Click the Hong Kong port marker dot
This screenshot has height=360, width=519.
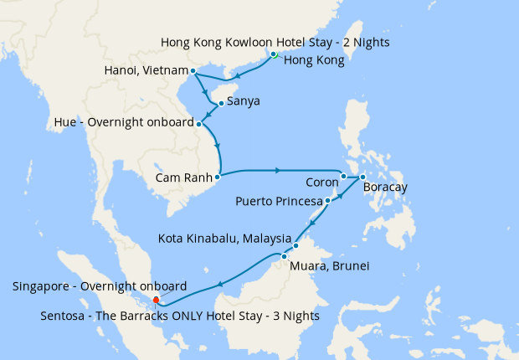point(274,54)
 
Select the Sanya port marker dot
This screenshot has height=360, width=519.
point(220,104)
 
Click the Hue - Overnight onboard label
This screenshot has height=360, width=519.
point(123,123)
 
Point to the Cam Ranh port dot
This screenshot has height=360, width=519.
point(217,177)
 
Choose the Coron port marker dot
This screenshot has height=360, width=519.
point(343,177)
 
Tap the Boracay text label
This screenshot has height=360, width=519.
point(385,188)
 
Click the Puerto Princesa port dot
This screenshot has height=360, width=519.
point(327,201)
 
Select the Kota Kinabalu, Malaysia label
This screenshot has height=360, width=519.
point(224,239)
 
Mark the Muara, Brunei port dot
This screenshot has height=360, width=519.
point(285,256)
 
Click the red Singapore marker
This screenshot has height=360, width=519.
point(156,299)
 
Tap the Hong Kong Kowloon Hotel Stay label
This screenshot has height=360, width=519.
point(275,42)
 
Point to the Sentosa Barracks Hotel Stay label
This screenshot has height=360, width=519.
point(179,316)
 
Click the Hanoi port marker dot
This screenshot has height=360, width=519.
point(193,70)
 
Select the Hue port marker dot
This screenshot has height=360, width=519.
point(199,123)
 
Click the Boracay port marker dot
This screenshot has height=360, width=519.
point(362,177)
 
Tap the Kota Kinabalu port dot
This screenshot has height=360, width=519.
point(295,246)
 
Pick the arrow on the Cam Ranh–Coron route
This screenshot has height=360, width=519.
point(278,171)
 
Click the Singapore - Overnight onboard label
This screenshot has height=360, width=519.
point(100,286)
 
